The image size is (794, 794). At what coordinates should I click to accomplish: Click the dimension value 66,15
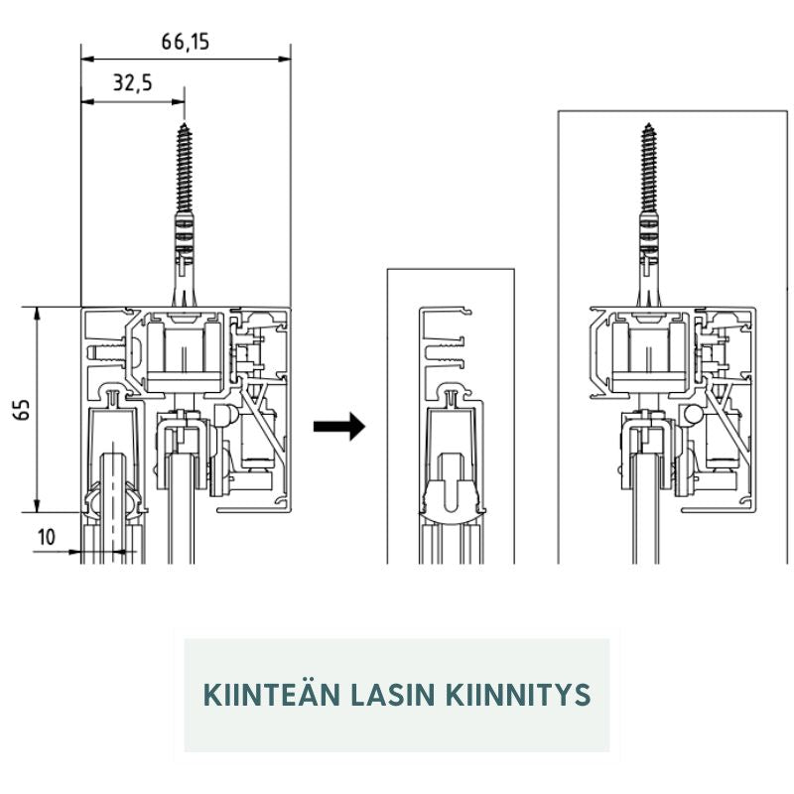pyautogui.click(x=186, y=42)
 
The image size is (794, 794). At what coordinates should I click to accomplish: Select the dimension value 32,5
pyautogui.click(x=132, y=83)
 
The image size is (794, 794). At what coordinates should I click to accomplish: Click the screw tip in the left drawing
pyautogui.click(x=186, y=126)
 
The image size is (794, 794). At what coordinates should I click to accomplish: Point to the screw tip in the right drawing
pyautogui.click(x=651, y=126)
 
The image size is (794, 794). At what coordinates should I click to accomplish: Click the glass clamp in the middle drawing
pyautogui.click(x=453, y=496)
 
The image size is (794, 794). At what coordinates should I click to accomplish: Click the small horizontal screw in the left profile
pyautogui.click(x=105, y=350)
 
